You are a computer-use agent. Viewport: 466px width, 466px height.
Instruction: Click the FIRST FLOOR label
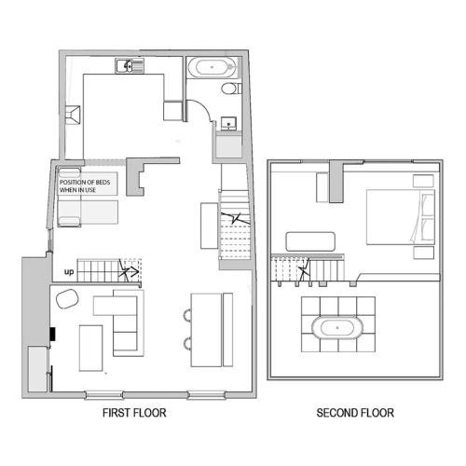tap(134, 413)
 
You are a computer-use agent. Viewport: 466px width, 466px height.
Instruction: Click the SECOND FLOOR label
tap(355, 413)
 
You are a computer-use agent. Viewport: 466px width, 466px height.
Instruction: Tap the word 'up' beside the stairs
tap(69, 272)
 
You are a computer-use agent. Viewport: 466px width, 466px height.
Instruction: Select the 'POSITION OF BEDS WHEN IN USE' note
tap(85, 185)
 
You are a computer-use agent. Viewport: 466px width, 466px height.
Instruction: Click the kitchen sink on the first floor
tap(130, 66)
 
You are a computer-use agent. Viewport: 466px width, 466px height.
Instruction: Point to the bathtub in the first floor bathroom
tap(212, 67)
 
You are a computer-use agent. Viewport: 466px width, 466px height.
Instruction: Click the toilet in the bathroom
tap(231, 89)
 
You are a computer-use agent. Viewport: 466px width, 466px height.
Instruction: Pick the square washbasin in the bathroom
tap(228, 124)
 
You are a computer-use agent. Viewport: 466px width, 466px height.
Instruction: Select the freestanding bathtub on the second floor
tap(337, 328)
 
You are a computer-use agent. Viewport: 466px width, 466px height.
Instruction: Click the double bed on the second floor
tap(401, 217)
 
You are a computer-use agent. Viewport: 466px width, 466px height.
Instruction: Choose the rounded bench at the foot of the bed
tap(310, 241)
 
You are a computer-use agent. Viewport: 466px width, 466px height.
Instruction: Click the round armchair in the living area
tap(67, 298)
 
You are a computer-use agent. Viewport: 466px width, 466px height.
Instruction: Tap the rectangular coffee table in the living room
tap(91, 348)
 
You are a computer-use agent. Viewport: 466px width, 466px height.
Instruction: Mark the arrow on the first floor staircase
tap(130, 271)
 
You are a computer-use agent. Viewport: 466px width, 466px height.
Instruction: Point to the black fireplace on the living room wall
tap(53, 334)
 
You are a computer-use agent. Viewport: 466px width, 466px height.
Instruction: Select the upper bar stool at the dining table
tap(187, 315)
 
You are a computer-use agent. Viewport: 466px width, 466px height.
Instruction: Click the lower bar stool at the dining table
tap(187, 343)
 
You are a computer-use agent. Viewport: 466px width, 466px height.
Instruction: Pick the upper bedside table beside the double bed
tap(423, 181)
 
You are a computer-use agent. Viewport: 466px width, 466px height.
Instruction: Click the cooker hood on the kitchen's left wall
tap(73, 115)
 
